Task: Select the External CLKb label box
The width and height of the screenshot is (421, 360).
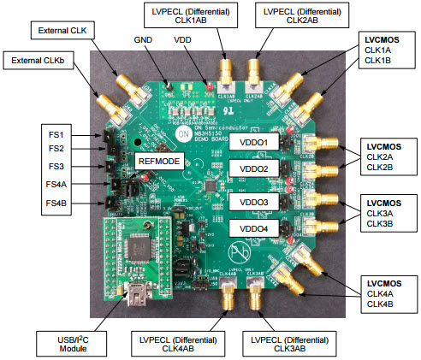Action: [x=39, y=61]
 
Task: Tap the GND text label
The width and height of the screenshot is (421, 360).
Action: [x=143, y=41]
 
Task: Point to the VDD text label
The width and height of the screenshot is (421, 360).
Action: [x=181, y=41]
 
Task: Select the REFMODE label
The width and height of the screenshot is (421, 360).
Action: [x=158, y=161]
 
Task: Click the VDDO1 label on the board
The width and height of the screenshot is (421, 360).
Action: [x=254, y=142]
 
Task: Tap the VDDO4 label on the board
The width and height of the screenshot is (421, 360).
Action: [x=254, y=228]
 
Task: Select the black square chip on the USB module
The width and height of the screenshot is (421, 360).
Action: [x=134, y=249]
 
